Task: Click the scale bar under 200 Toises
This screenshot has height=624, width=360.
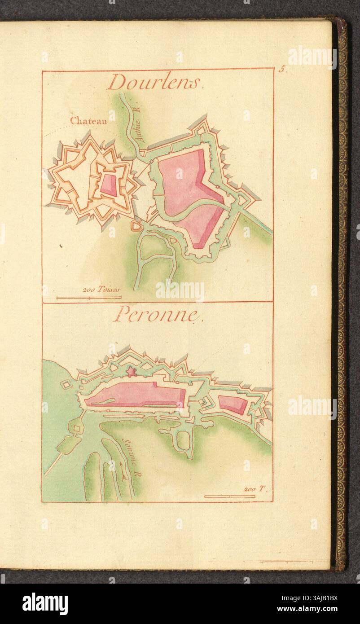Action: (x=88, y=297)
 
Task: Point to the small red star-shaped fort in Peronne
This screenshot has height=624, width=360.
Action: (x=132, y=371)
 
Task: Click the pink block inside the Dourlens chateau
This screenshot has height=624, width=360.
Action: (x=108, y=184)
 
